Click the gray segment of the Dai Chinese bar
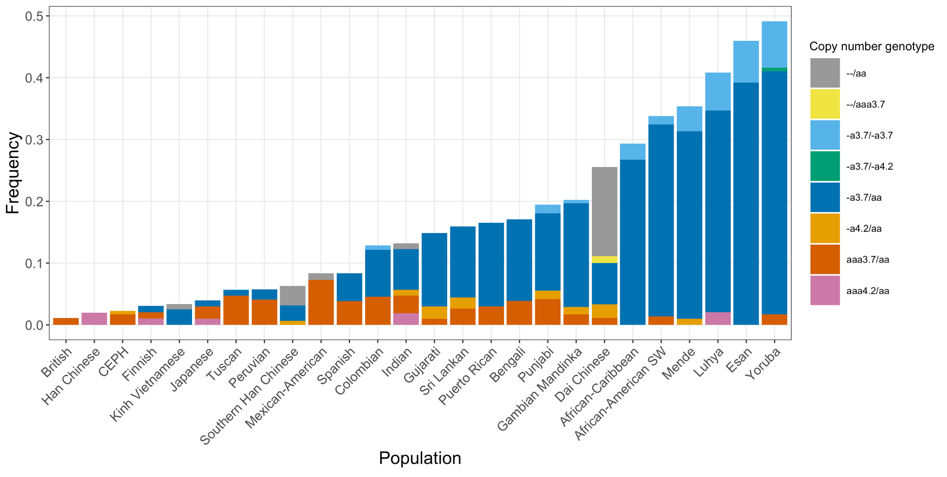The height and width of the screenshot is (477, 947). tap(604, 211)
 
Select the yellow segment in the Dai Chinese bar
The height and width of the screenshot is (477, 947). tap(604, 259)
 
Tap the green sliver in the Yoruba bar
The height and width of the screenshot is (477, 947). tap(774, 69)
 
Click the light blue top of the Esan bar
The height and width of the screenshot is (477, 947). tap(746, 61)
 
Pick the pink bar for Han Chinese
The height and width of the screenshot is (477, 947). tap(94, 319)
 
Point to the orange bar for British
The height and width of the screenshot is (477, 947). tap(66, 321)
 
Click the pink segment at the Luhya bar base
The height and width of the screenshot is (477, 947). tap(718, 318)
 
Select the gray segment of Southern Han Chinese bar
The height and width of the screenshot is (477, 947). tap(293, 295)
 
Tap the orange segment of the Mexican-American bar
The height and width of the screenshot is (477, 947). tap(321, 302)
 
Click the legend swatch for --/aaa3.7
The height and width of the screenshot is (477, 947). tap(825, 104)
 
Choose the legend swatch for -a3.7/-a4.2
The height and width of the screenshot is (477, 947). tap(825, 166)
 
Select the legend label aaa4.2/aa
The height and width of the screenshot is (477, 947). tap(868, 291)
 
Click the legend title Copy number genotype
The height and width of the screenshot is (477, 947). tap(872, 46)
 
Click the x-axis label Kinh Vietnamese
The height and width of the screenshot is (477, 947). tap(148, 384)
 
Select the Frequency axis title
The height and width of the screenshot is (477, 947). tap(13, 173)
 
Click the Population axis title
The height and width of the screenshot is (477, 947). tap(420, 458)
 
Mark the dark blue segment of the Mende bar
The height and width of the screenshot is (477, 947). tap(689, 225)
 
